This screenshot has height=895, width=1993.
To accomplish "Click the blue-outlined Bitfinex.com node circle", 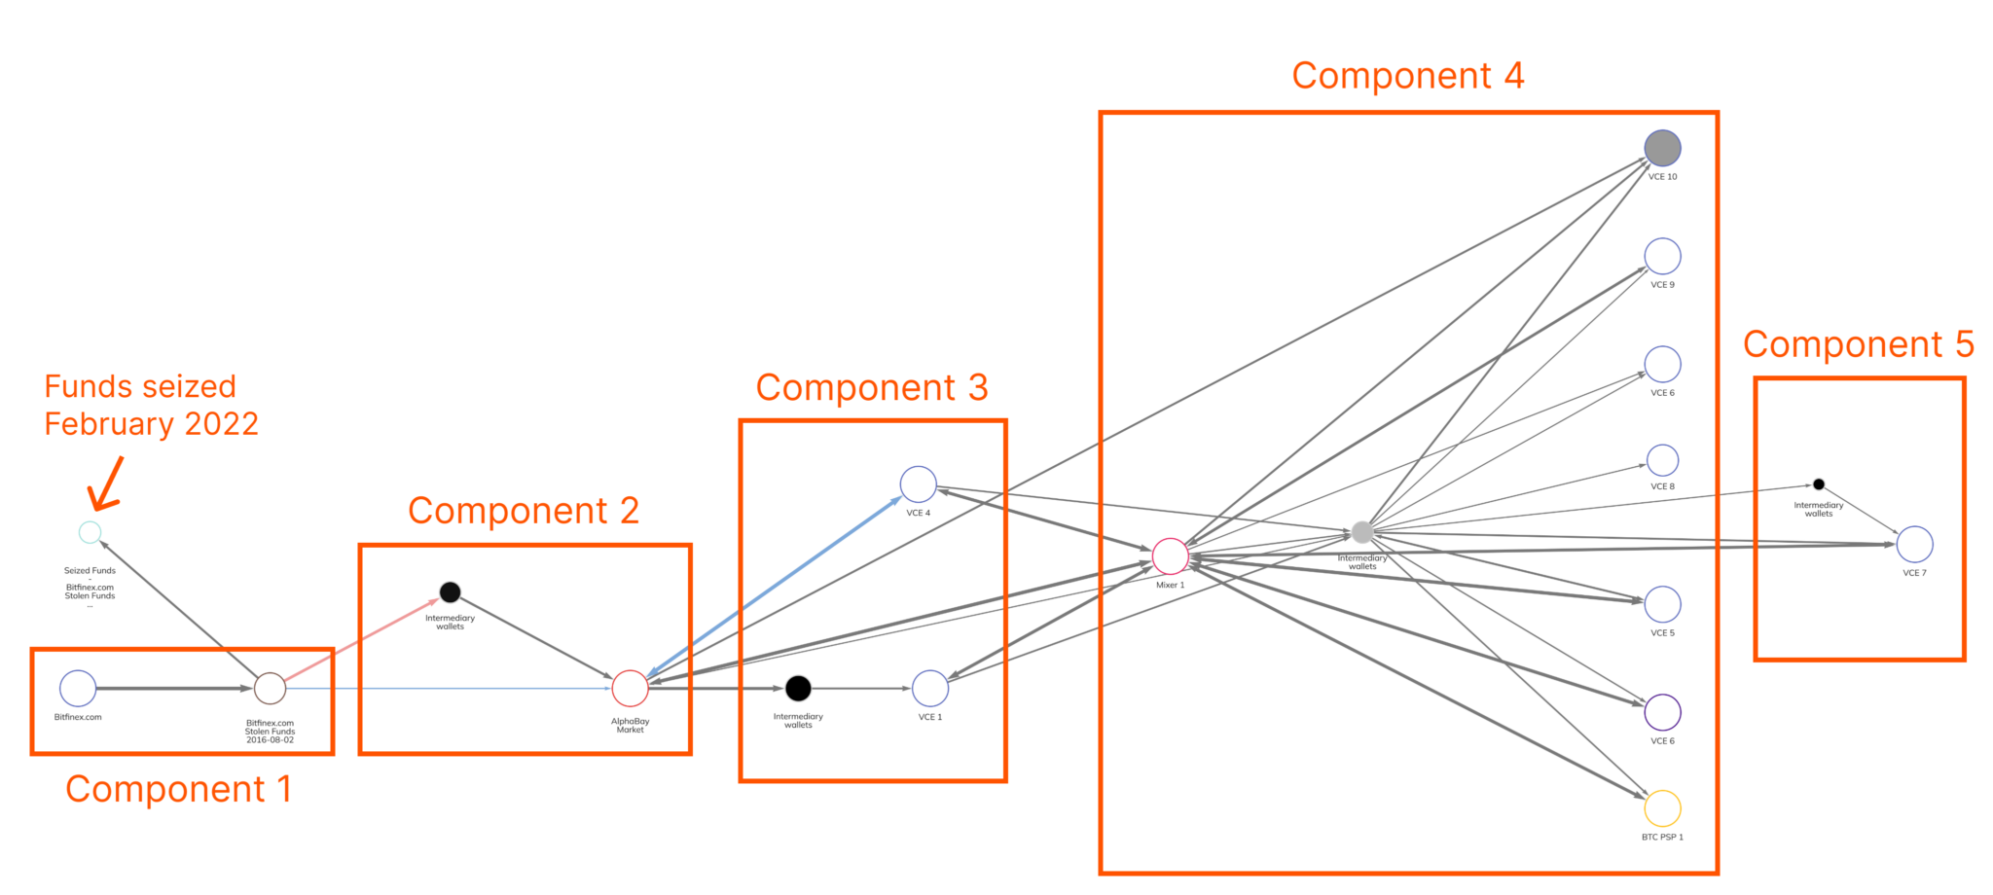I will (78, 688).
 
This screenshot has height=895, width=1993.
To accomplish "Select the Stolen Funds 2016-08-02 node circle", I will (270, 688).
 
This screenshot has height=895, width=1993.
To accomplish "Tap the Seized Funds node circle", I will (90, 532).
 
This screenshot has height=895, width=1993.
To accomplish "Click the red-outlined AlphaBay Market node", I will (630, 688).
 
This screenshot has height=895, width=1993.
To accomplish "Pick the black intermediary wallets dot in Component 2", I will (450, 591).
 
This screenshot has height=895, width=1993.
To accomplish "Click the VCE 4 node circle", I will (918, 484).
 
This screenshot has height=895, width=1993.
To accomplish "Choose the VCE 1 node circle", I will (930, 688).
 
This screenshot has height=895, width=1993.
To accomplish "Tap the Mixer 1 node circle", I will (1170, 556).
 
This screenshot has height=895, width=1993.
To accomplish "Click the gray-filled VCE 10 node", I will (1662, 149).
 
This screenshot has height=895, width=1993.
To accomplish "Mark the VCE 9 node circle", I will (1662, 257).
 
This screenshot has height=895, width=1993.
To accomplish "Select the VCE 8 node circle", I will (1662, 460).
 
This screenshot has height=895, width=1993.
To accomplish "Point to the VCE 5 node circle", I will (1662, 604).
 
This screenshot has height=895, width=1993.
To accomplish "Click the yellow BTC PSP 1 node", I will (1662, 808).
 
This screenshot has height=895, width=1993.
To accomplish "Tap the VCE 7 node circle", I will (1914, 545).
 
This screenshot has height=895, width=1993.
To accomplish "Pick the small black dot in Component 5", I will (1818, 484).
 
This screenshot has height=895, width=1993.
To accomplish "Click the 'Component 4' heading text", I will (1407, 76).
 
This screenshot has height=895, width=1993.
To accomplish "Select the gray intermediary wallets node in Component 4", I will (1362, 532).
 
